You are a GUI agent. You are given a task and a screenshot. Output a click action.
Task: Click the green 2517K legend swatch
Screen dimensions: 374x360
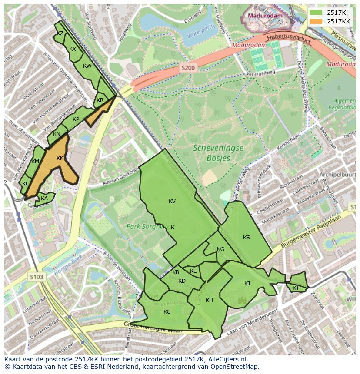[316, 13]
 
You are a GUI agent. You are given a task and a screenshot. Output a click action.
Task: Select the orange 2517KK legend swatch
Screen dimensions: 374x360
[316, 21]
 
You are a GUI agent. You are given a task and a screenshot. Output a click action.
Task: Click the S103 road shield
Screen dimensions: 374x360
[38, 276]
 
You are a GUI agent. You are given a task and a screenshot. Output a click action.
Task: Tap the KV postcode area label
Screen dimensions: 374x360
[172, 202]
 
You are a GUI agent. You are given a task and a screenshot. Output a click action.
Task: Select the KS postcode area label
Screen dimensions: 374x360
[247, 238]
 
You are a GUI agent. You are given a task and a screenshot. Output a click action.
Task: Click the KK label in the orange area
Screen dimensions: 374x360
[60, 158]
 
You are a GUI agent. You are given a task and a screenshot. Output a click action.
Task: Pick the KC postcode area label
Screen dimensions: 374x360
[167, 312]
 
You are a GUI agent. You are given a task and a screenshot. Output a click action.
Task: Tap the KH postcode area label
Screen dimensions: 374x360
[209, 300]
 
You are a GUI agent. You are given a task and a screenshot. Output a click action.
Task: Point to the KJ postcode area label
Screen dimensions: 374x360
[247, 284]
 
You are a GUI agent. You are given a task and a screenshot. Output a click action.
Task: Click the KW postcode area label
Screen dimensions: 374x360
[87, 66]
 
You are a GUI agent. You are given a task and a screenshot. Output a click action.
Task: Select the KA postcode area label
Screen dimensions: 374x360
[44, 199]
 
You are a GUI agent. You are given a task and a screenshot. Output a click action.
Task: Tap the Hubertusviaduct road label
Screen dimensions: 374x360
[289, 40]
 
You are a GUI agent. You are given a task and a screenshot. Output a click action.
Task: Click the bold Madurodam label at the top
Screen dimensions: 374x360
[265, 16]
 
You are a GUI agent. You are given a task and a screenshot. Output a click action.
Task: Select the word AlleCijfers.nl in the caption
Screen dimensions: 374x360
[225, 359]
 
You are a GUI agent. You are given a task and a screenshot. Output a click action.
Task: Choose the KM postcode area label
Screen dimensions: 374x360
[36, 162]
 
